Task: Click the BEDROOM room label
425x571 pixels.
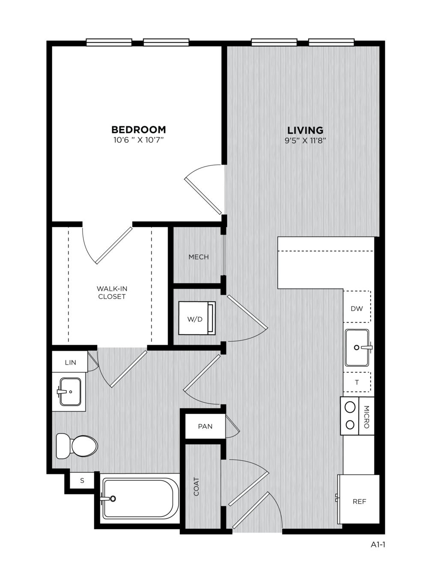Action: click(x=139, y=130)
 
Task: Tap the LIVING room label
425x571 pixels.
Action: click(x=305, y=130)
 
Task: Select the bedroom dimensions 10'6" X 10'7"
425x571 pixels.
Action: click(x=139, y=140)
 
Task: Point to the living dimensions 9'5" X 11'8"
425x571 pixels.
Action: click(x=305, y=141)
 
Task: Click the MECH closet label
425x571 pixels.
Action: click(x=199, y=257)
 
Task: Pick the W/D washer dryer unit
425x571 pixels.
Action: click(x=197, y=318)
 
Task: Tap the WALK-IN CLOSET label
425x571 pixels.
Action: click(x=112, y=292)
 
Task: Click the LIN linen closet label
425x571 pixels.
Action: click(x=70, y=362)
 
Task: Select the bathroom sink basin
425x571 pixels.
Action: click(x=70, y=391)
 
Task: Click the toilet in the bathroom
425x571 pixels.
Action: click(x=77, y=446)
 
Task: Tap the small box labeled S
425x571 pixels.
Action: click(x=82, y=480)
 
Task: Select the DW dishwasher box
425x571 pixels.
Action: click(x=357, y=306)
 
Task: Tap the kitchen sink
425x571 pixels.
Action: click(x=358, y=347)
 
